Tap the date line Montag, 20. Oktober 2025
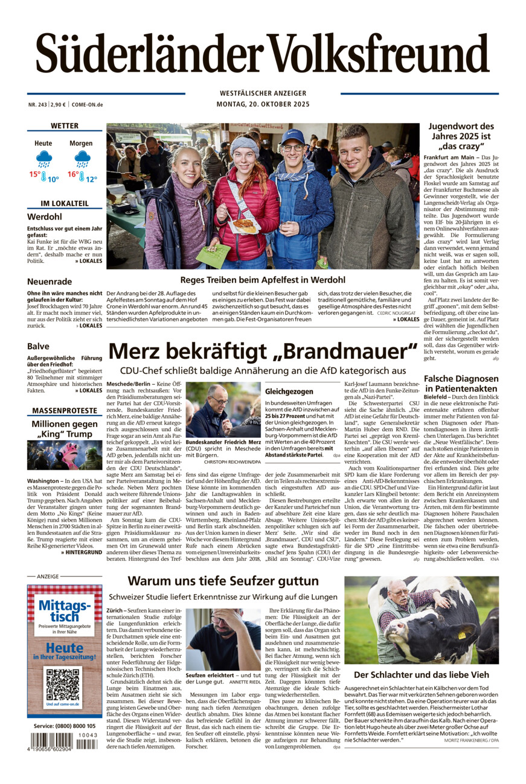click(263, 104)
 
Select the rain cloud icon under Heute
click(43, 159)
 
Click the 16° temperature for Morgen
click(73, 175)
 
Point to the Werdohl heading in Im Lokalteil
click(44, 217)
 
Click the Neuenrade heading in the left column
click(50, 282)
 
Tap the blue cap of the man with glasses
click(292, 136)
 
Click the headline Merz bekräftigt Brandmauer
click(263, 351)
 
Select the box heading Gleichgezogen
click(289, 391)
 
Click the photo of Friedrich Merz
click(223, 409)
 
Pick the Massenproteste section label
click(65, 411)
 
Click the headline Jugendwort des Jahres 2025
click(461, 136)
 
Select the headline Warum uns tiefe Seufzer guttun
click(223, 581)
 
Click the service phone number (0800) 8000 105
click(65, 726)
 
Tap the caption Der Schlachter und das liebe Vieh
click(421, 674)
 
